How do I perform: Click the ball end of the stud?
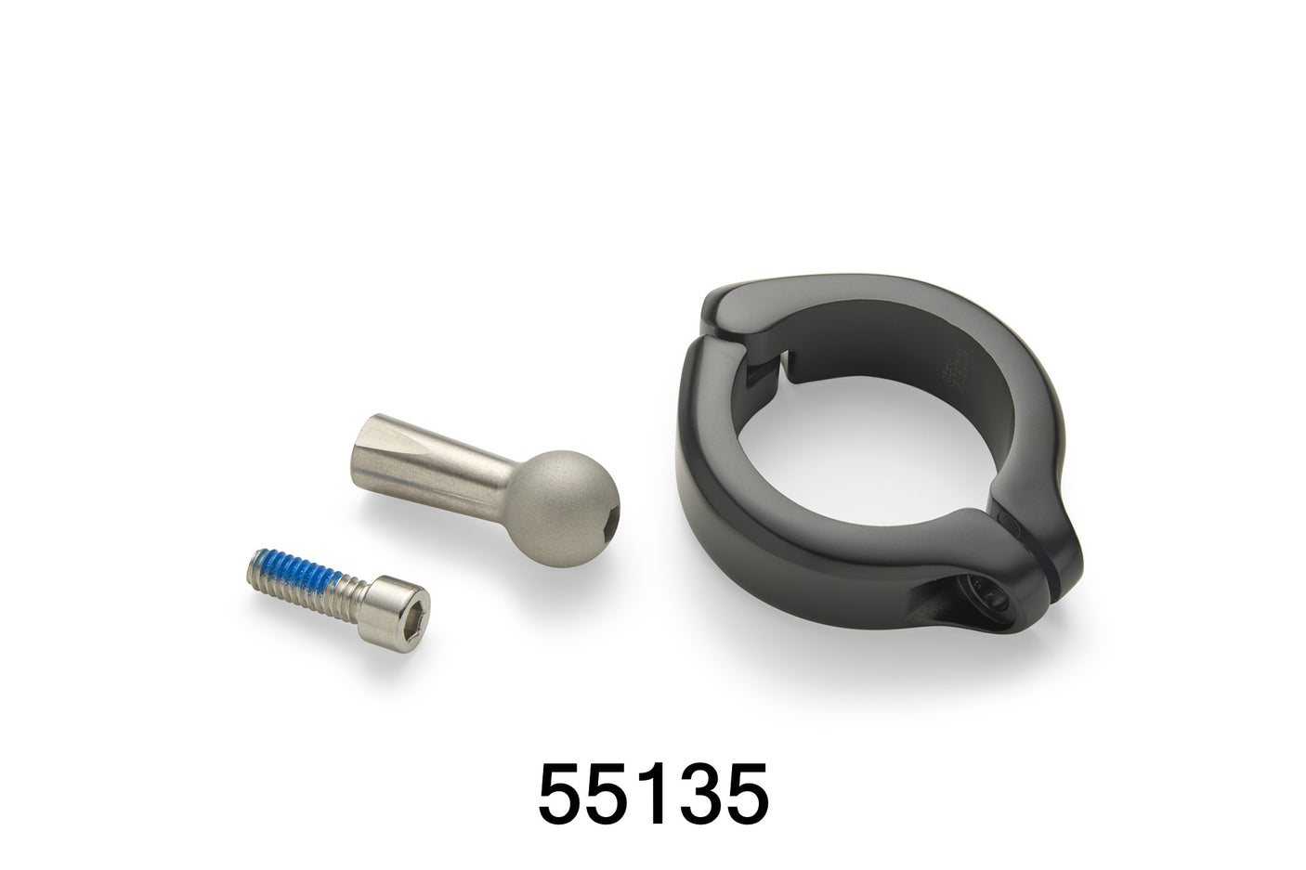coord(561,508)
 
